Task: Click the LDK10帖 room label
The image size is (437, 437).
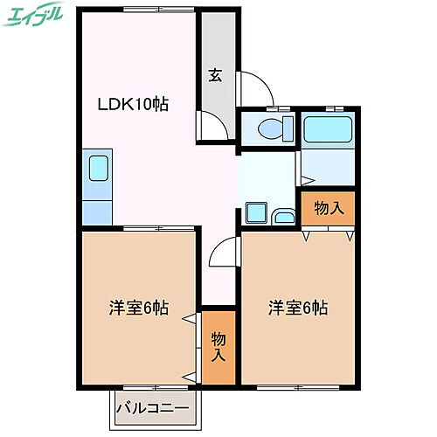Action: [132, 104]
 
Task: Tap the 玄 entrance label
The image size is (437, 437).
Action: [215, 75]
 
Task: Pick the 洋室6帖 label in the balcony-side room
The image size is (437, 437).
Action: [138, 309]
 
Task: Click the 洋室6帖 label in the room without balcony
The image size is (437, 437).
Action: [298, 309]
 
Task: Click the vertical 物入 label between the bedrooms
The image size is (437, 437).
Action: [218, 346]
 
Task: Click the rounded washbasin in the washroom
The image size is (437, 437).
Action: [283, 217]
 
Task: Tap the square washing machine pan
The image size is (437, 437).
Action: [257, 212]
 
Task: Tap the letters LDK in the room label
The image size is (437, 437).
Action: [116, 104]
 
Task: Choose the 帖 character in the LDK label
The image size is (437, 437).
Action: [159, 104]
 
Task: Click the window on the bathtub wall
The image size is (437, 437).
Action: [325, 108]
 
